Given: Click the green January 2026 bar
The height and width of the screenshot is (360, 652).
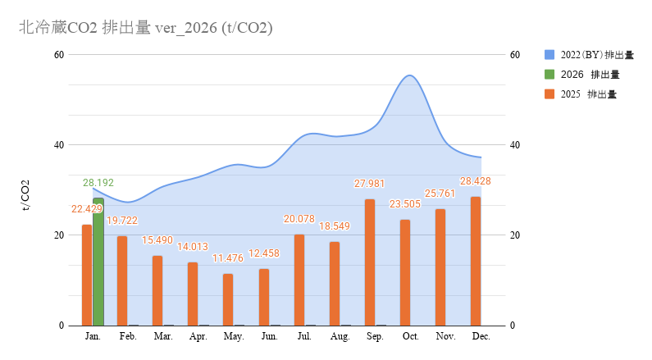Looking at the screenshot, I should tap(98, 262).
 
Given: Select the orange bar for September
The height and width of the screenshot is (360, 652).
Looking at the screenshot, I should tap(370, 262).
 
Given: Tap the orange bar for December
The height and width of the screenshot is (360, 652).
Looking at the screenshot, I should tap(476, 261).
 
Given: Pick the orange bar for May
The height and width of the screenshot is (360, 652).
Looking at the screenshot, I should tap(228, 299).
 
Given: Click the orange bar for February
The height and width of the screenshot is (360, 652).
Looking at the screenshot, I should tap(122, 280).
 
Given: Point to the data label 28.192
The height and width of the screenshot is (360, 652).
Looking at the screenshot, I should tap(98, 183).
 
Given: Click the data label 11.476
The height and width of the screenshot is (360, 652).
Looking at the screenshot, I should tap(229, 259).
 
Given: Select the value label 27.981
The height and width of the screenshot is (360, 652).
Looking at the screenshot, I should tap(369, 184).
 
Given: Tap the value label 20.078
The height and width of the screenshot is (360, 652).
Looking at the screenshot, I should tap(299, 219).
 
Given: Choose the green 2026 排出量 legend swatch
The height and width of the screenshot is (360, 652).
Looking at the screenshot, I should tap(549, 75).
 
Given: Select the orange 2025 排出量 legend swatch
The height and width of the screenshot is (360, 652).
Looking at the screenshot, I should tap(549, 94).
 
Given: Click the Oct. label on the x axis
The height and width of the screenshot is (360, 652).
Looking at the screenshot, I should tap(410, 337).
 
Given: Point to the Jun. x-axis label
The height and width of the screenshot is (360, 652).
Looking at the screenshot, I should tap(268, 337).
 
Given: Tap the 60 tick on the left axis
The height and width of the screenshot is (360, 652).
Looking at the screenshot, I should tap(59, 55).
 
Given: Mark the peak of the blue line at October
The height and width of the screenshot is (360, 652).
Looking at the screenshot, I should tap(409, 75).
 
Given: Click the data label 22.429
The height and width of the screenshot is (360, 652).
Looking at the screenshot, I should tap(87, 209).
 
